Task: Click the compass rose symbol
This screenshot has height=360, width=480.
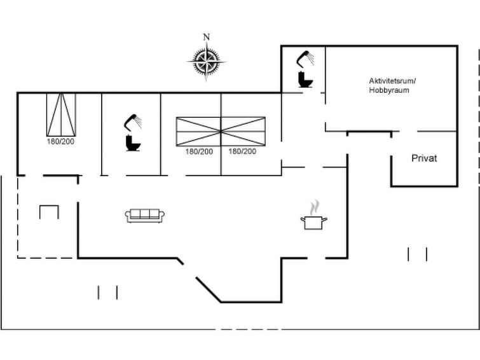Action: (207, 61)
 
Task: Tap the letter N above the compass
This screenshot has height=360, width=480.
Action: (207, 37)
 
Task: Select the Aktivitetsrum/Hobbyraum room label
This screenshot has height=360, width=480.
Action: (392, 85)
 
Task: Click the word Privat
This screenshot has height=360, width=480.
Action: (424, 158)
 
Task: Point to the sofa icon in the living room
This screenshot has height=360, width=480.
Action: (145, 216)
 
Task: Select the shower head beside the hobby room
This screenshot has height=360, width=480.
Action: (305, 59)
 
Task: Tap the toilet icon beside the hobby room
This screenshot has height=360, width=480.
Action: (305, 80)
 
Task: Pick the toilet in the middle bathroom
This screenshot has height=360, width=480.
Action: (133, 143)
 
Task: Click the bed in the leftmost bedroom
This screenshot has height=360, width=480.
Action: (61, 114)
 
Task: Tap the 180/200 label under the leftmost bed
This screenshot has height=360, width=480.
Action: (60, 142)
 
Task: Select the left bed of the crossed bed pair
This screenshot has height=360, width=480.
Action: (198, 132)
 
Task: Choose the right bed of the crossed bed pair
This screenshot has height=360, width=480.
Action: (243, 132)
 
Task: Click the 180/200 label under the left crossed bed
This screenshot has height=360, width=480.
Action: (199, 151)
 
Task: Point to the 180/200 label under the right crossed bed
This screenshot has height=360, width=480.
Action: (242, 151)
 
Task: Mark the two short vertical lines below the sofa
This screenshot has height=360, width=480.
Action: (107, 293)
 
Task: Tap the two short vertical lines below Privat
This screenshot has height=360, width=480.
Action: (418, 254)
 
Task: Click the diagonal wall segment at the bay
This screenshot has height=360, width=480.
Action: (209, 290)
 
